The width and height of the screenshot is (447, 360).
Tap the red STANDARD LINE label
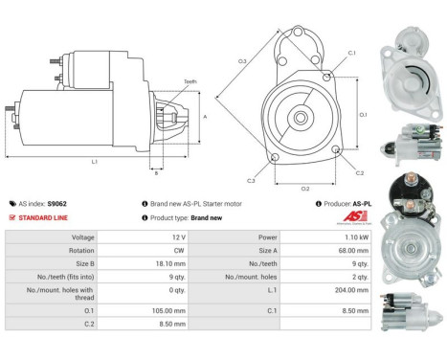[x=45, y=217]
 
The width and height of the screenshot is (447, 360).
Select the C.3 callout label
[x=251, y=180]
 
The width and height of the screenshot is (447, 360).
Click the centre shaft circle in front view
[x=301, y=119]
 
